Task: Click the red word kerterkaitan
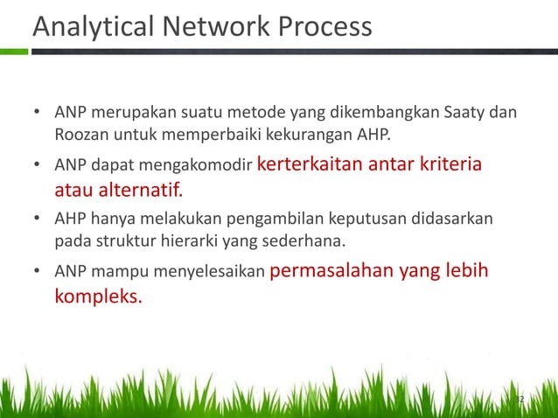coord(310,165)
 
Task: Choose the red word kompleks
coord(98,296)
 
